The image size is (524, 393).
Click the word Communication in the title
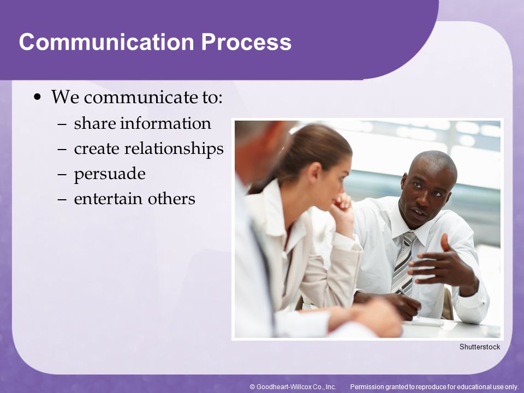[x=106, y=42]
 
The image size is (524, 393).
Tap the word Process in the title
[x=246, y=42]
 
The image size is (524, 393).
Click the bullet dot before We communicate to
[x=38, y=97]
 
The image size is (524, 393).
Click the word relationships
[x=174, y=148]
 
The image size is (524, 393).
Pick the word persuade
[x=110, y=174]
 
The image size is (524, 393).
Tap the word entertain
[x=108, y=199]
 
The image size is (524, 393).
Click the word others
[x=171, y=199]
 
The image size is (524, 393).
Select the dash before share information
[x=62, y=124]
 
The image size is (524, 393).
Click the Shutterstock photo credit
[x=480, y=347]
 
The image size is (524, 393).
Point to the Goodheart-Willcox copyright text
[x=293, y=386]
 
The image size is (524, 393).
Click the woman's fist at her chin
[x=343, y=203]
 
